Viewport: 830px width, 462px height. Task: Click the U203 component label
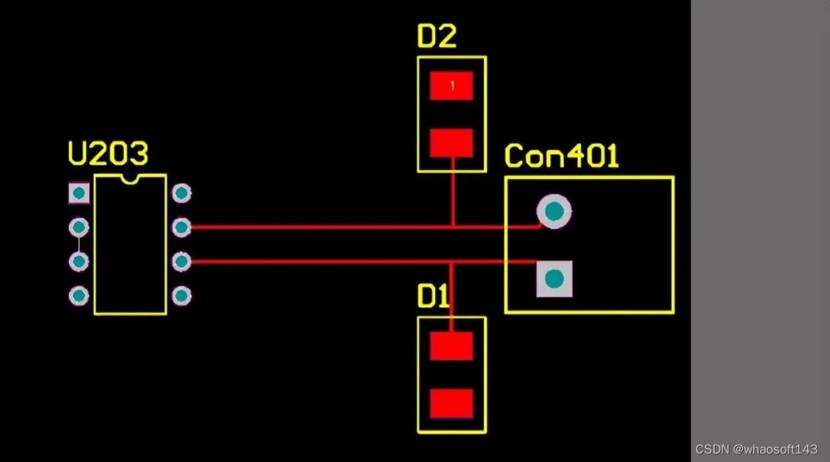[x=108, y=155]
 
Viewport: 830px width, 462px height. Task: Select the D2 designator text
[x=437, y=36]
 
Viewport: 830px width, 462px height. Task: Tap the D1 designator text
[x=433, y=297]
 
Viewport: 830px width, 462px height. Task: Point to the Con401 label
[x=562, y=157]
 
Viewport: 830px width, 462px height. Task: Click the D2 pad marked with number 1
[x=451, y=86]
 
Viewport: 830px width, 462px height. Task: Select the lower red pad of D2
[x=451, y=143]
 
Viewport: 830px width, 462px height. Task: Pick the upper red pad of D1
[x=451, y=346]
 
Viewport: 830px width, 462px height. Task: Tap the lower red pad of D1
[x=451, y=403]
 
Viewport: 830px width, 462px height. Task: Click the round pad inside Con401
[x=554, y=211]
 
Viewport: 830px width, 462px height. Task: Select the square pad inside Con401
[x=554, y=279]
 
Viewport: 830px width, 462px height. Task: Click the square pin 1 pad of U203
[x=78, y=193]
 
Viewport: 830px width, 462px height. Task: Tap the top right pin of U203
[x=181, y=193]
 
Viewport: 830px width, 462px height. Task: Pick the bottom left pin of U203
[x=78, y=295]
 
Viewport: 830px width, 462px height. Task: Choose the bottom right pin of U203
[x=181, y=295]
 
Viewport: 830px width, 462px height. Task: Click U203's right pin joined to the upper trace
[x=181, y=227]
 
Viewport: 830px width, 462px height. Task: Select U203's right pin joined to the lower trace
[x=181, y=261]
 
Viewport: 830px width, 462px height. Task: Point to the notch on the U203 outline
[x=130, y=179]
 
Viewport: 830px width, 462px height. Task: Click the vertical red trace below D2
[x=453, y=192]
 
